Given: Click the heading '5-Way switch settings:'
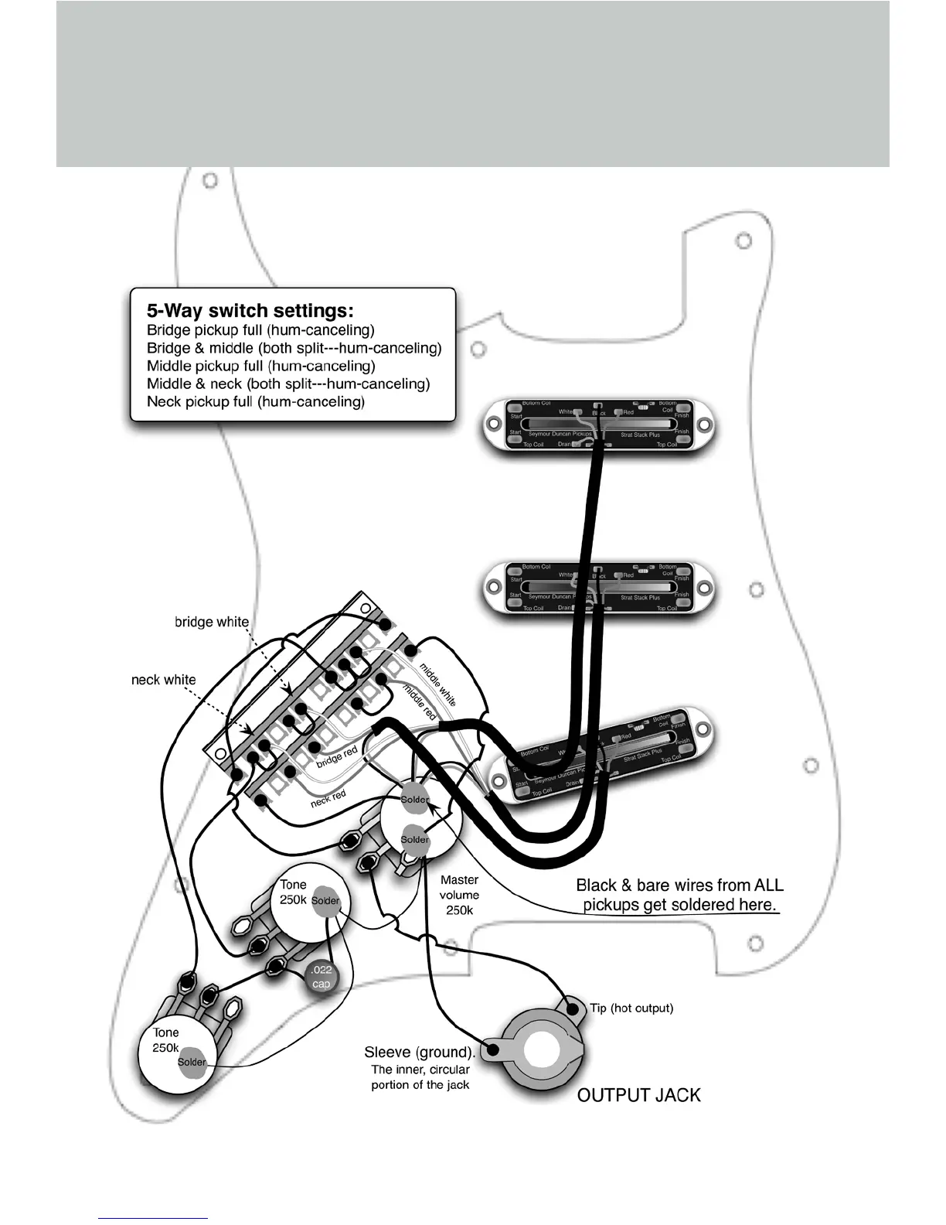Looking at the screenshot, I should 250,311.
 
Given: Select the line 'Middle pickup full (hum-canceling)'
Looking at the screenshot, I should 260,366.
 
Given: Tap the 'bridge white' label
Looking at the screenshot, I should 211,622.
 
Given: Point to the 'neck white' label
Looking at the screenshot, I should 163,680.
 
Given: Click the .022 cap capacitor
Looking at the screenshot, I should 321,977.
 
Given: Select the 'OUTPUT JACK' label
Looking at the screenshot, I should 638,1095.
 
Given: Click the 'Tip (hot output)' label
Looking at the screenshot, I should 631,1008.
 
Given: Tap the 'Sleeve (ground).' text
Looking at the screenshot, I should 420,1053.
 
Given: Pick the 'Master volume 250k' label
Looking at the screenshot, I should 459,895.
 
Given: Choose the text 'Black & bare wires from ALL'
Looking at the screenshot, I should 679,885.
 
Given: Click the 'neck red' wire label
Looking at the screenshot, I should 328,799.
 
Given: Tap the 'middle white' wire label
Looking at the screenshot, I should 437,684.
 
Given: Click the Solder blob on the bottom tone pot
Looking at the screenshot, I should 192,1062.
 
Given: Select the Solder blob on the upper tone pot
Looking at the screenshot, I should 325,901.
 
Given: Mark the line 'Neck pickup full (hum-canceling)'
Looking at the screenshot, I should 255,401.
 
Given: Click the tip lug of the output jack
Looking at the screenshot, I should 573,1008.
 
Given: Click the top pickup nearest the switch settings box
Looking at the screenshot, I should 598,424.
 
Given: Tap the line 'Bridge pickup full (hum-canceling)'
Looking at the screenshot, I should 260,330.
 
